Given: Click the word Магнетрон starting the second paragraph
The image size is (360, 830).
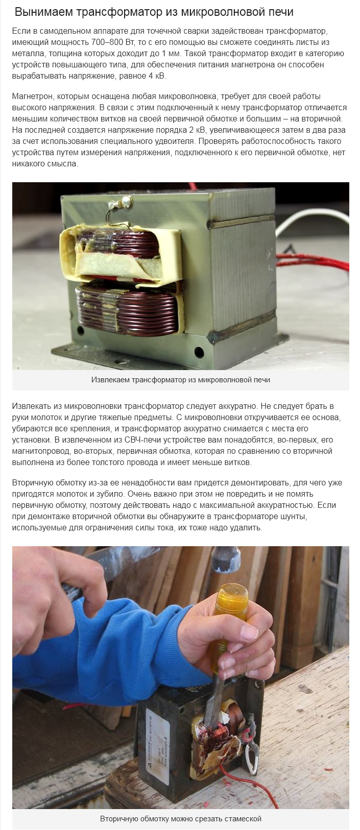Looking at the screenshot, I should [32, 96].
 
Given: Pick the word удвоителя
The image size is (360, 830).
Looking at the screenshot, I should [161, 141].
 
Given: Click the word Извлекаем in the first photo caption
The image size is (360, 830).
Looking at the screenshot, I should [111, 380].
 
